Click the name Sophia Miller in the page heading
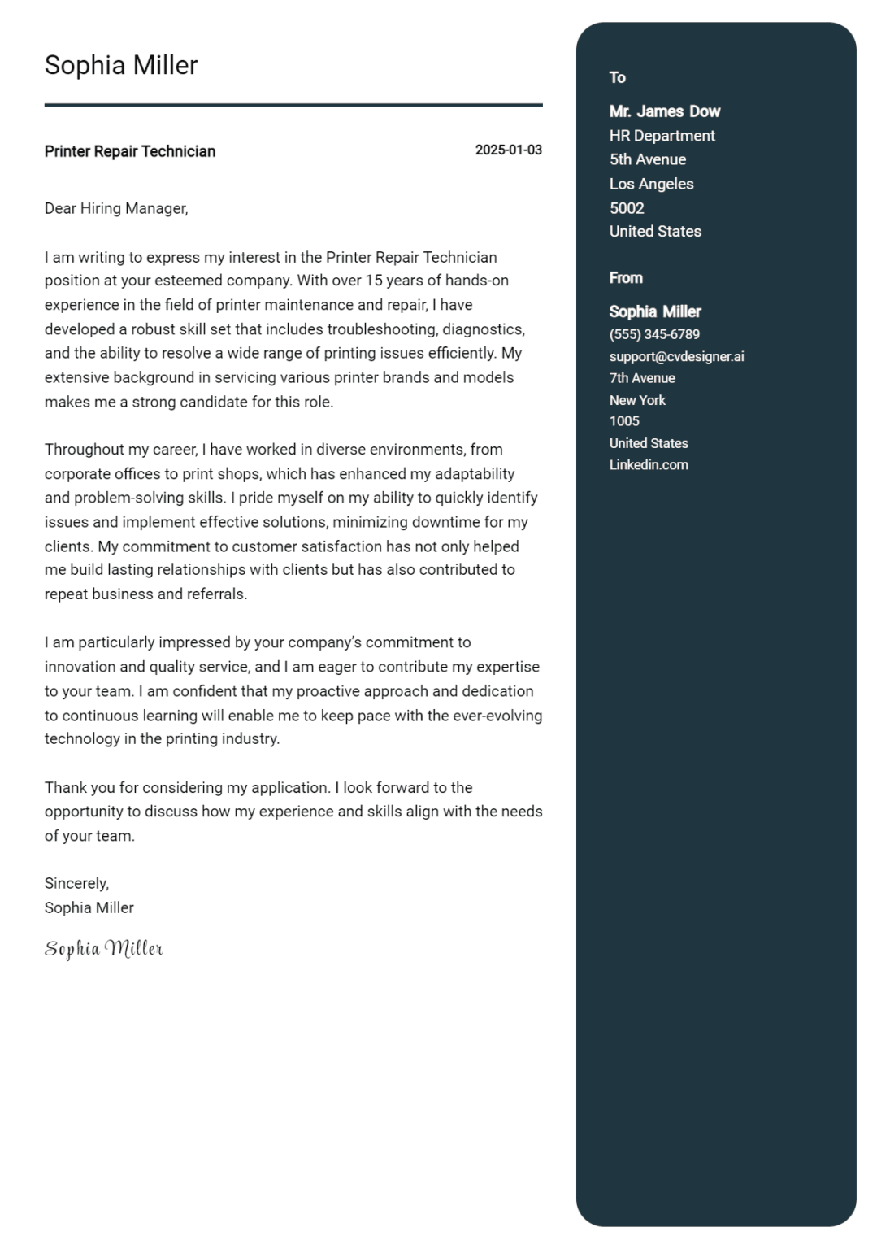121,65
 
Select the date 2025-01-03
508,150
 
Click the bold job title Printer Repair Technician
130,151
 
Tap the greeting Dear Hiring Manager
116,209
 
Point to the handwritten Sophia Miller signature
104,949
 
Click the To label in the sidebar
618,78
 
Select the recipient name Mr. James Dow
665,111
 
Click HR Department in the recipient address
662,136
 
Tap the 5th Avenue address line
648,159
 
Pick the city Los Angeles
652,184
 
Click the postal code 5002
627,208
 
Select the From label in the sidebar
626,278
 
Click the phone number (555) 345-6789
654,334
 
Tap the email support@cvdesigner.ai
676,356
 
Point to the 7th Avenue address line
642,378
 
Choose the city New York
637,400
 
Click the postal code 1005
624,421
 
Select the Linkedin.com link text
649,465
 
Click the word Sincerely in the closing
76,884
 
